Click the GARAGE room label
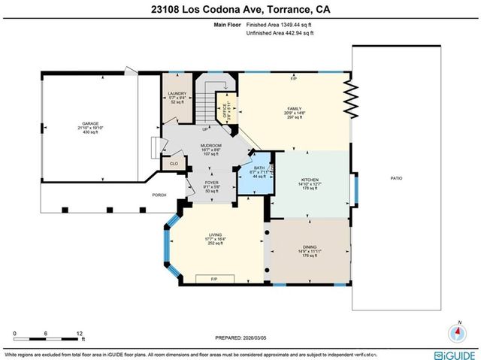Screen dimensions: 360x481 pyautogui.click(x=91, y=123)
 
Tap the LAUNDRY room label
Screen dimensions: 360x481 pyautogui.click(x=177, y=93)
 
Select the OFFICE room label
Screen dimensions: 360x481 pyautogui.click(x=223, y=112)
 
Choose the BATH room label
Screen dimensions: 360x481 pyautogui.click(x=259, y=168)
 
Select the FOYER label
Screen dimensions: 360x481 pyautogui.click(x=212, y=183)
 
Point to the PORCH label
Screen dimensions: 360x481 pyautogui.click(x=159, y=195)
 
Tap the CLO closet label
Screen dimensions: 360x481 pyautogui.click(x=174, y=162)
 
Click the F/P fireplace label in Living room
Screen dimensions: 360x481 pyautogui.click(x=215, y=279)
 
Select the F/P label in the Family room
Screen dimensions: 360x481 pyautogui.click(x=294, y=78)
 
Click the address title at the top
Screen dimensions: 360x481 pyautogui.click(x=240, y=10)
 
